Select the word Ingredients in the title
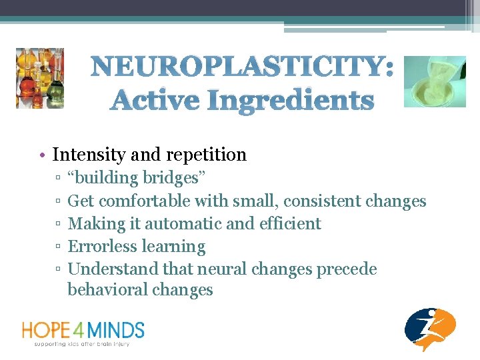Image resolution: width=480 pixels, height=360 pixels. click(x=290, y=101)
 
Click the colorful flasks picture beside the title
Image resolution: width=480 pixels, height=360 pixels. click(x=40, y=78)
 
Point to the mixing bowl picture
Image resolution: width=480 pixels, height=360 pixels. click(x=435, y=81)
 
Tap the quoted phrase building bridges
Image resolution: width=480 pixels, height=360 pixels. click(x=137, y=179)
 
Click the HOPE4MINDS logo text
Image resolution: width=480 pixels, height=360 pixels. click(x=83, y=329)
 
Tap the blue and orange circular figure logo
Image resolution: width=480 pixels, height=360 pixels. click(x=430, y=329)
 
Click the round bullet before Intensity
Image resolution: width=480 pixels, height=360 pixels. click(x=41, y=155)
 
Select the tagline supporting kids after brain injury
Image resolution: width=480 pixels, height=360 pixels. click(x=82, y=344)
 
